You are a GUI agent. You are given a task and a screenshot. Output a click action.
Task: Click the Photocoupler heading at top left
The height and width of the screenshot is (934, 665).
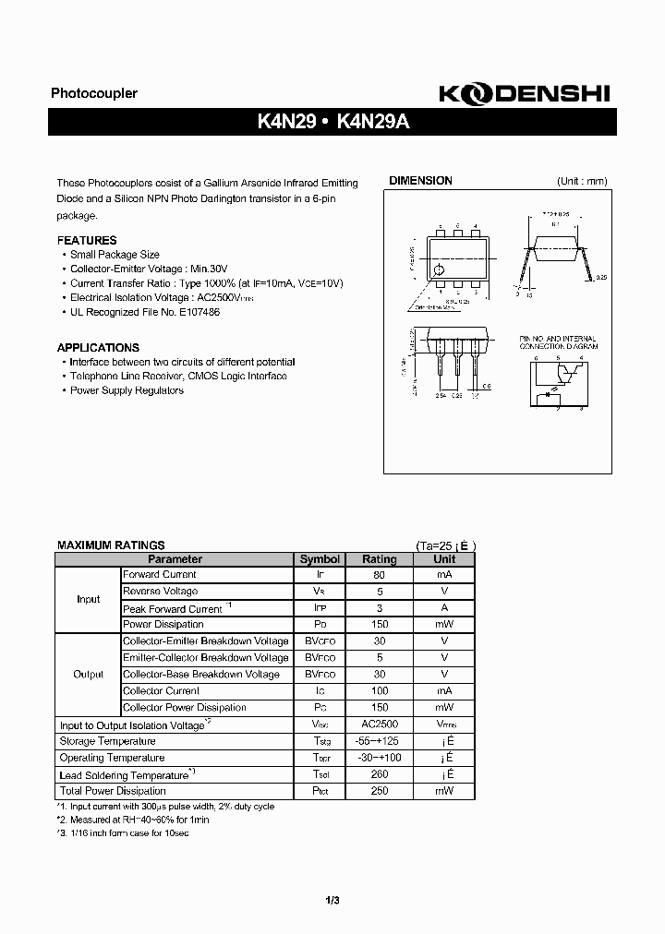click(93, 93)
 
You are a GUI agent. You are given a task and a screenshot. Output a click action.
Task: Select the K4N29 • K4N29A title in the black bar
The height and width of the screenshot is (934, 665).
click(332, 121)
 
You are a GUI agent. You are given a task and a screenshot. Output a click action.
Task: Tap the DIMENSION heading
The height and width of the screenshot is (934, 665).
click(420, 181)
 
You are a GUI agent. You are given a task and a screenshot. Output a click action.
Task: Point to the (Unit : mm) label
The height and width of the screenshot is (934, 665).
click(582, 181)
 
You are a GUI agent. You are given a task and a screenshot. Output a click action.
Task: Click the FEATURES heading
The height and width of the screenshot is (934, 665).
click(87, 240)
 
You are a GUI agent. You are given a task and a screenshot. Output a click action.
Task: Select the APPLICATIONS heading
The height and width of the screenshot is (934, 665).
click(98, 348)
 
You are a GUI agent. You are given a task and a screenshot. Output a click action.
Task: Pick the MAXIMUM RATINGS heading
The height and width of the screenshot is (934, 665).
click(111, 545)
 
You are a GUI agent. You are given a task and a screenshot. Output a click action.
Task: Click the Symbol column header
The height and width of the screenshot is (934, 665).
click(320, 559)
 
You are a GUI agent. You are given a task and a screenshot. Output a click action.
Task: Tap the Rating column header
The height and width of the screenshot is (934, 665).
click(379, 559)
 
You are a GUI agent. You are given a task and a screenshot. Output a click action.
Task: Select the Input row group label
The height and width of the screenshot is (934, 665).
click(88, 599)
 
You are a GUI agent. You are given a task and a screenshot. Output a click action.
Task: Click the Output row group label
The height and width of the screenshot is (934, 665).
click(88, 675)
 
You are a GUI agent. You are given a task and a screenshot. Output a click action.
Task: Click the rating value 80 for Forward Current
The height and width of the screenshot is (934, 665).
click(379, 574)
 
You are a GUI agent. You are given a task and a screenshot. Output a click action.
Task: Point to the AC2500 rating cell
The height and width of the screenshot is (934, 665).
click(379, 725)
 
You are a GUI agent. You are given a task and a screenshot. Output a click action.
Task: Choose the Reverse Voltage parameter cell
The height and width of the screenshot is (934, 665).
click(161, 591)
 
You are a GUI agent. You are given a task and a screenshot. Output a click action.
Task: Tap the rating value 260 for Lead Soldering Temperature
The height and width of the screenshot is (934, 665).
click(379, 774)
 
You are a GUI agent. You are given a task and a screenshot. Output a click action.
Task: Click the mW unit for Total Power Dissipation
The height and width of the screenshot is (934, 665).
click(444, 791)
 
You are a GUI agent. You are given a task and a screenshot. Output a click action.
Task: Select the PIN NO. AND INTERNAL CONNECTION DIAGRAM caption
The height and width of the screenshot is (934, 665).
click(558, 342)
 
